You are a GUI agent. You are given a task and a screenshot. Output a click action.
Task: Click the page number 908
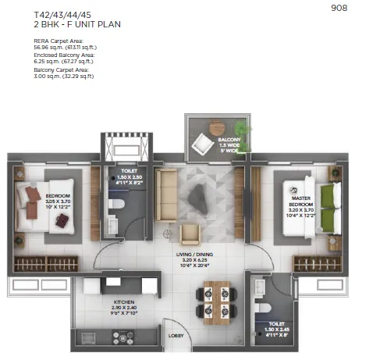[339, 9]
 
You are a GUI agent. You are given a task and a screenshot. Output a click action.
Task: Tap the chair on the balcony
[204, 143]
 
